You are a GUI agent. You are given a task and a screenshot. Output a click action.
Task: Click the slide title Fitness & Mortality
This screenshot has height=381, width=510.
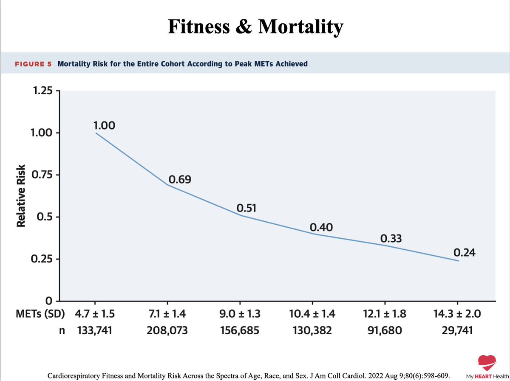pyautogui.click(x=255, y=27)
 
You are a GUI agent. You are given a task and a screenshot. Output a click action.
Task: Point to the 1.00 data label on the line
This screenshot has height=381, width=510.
pyautogui.click(x=104, y=125)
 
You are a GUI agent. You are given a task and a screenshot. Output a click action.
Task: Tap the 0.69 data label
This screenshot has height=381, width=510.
pyautogui.click(x=179, y=180)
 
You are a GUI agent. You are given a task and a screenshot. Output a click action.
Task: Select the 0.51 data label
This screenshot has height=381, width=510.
pyautogui.click(x=247, y=208)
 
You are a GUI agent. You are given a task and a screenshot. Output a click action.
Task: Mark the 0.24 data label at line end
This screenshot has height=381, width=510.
pyautogui.click(x=464, y=253)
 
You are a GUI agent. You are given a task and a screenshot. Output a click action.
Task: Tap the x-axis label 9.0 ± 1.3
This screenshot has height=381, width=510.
pyautogui.click(x=240, y=315)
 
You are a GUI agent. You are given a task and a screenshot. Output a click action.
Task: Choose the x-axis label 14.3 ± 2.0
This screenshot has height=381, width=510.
pyautogui.click(x=457, y=315)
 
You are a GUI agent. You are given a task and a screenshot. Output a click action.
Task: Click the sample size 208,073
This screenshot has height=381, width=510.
pyautogui.click(x=167, y=330)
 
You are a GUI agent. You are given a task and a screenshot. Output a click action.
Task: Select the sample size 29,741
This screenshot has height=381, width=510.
pyautogui.click(x=457, y=330)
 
